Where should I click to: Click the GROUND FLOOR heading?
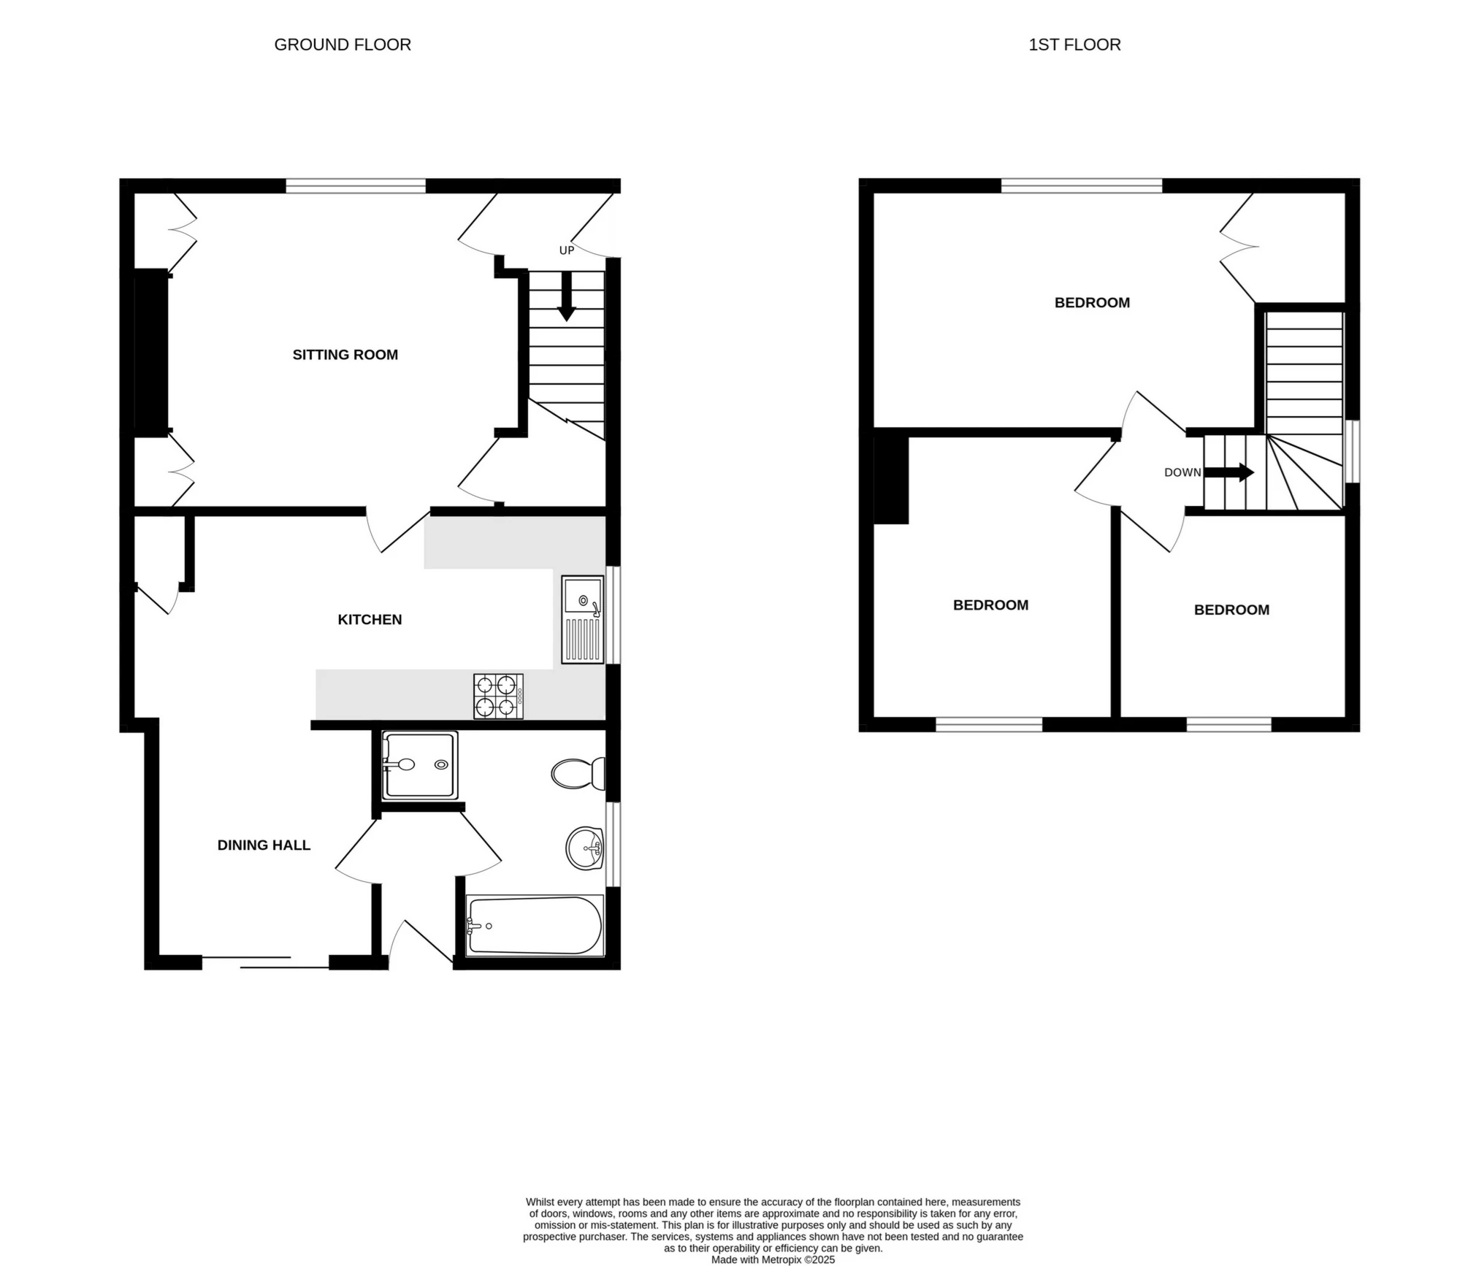343,45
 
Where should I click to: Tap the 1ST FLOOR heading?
1074,45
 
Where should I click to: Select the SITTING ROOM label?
345,355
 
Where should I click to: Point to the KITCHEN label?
370,620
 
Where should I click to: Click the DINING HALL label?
264,845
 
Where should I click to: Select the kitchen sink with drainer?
583,619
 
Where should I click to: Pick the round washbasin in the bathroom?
585,848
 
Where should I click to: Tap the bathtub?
535,925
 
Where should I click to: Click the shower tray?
421,765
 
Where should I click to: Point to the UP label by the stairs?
567,250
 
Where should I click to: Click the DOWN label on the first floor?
1182,472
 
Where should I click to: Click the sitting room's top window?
355,186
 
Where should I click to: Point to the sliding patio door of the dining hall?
266,962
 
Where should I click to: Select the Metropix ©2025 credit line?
773,1259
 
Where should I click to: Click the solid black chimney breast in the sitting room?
151,353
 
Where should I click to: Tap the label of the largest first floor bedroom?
1092,303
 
